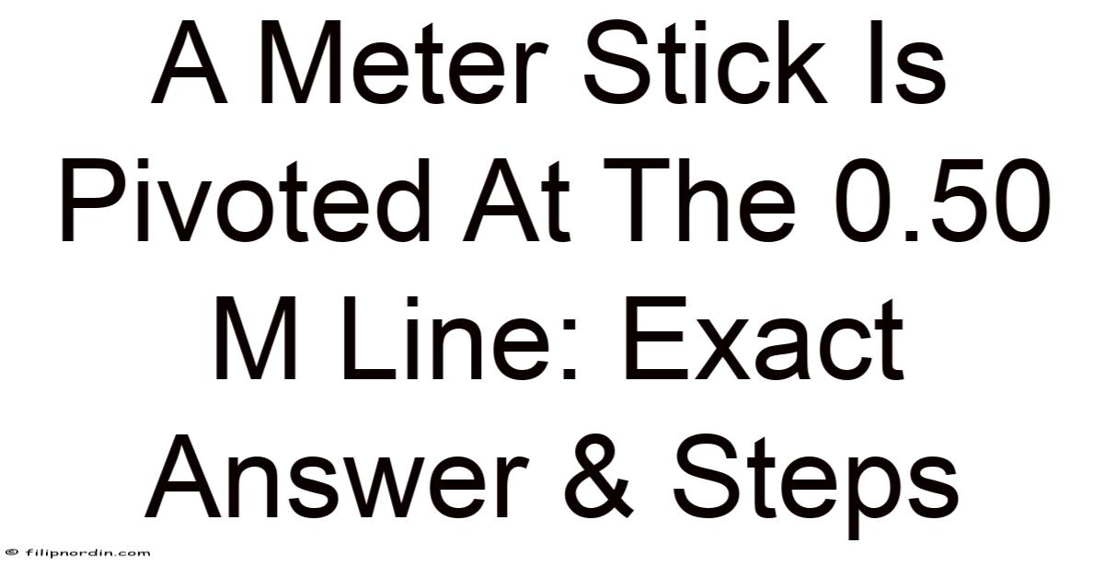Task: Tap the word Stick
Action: coord(705,63)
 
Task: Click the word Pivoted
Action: coord(244,201)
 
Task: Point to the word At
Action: coord(516,202)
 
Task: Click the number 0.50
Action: coord(942,201)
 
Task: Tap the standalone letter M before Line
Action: coord(256,340)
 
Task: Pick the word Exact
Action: coord(764,340)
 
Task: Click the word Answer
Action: coord(337,477)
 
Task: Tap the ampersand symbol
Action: coord(600,477)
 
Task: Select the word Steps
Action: coord(816,486)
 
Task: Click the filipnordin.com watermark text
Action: coord(87,553)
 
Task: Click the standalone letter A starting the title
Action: coord(190,64)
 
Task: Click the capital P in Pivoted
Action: coord(97,201)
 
